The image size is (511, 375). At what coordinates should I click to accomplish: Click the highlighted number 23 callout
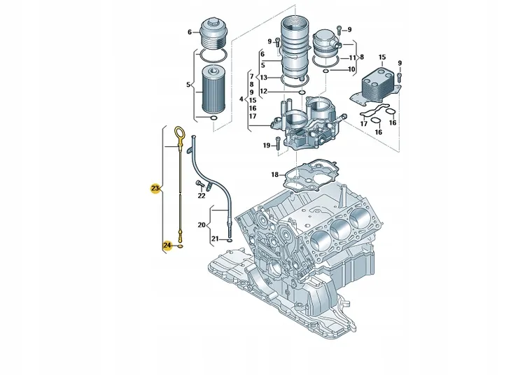click(155, 188)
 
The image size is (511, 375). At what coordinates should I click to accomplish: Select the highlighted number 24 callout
click(167, 245)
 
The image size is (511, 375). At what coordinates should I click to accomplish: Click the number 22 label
click(202, 195)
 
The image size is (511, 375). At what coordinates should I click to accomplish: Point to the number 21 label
click(214, 239)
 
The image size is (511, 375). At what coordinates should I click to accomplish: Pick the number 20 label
click(202, 225)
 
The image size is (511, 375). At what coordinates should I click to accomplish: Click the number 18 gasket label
click(275, 175)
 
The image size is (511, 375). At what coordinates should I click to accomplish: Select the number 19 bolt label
click(267, 146)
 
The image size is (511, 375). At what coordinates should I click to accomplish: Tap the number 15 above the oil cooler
click(382, 57)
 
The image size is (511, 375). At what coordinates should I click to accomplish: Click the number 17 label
click(364, 124)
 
